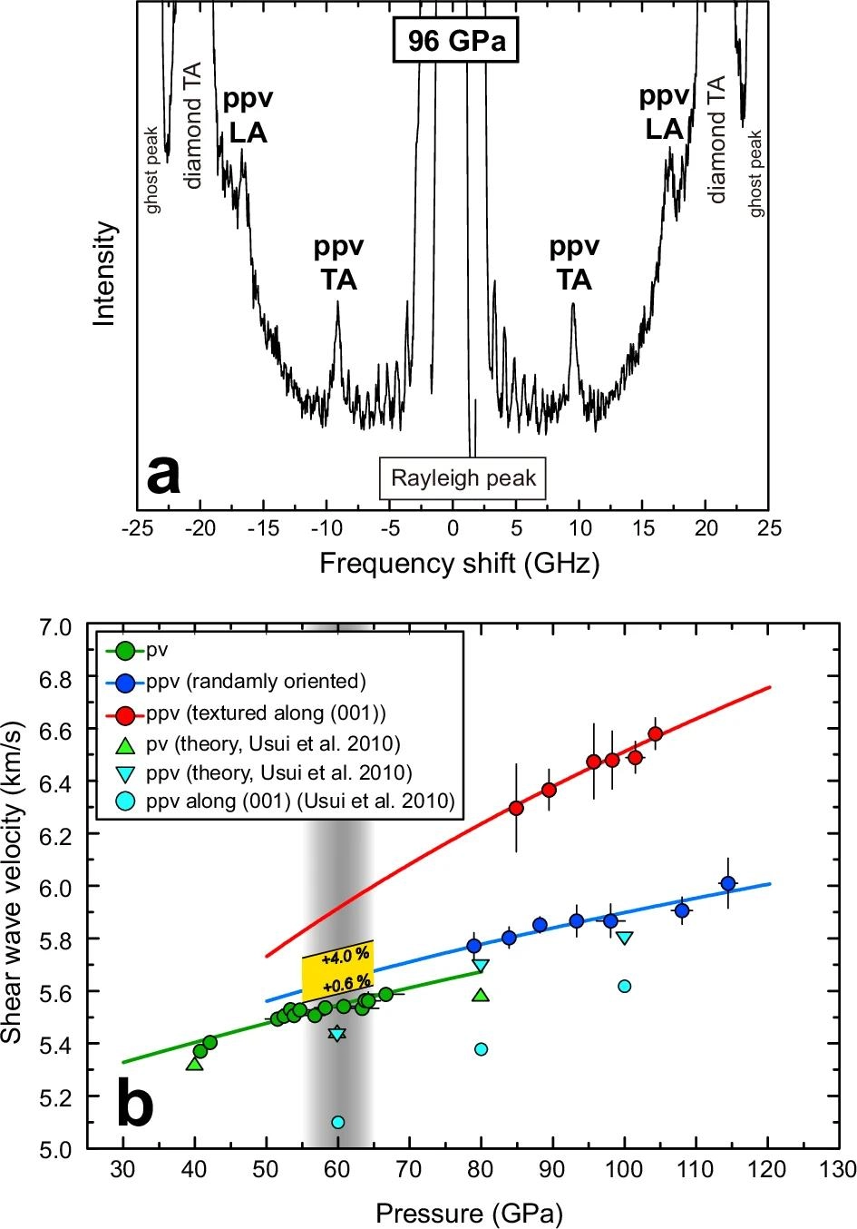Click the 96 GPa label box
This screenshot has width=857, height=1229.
[454, 42]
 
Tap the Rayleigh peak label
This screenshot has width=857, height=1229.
[463, 477]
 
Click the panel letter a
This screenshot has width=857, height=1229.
[163, 474]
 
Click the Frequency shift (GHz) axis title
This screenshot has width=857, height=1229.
[459, 564]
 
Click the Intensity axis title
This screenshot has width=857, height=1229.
[106, 273]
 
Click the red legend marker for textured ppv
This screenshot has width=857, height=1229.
[127, 714]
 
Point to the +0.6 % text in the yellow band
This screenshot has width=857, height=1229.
[349, 982]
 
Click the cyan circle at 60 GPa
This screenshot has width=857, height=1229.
[337, 1122]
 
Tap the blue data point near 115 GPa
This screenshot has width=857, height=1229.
[727, 882]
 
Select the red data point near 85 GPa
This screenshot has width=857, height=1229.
[516, 808]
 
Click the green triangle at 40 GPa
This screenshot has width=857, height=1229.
[194, 1063]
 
